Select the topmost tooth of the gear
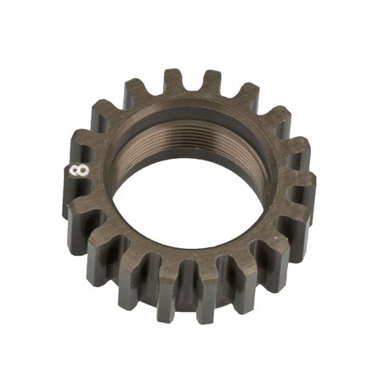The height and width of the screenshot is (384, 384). pos(175,83)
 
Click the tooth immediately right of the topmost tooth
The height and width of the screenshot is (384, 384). pos(212,85)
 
